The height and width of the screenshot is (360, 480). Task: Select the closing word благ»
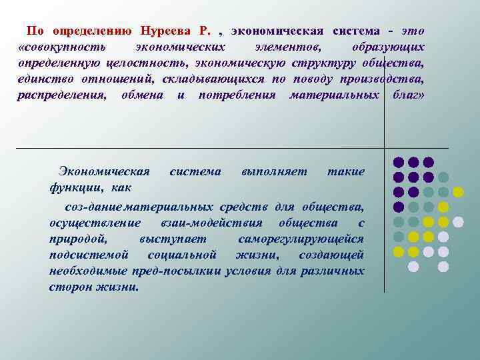coord(405,95)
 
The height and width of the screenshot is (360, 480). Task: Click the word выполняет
coord(275,172)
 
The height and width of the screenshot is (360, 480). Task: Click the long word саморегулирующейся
coord(301,239)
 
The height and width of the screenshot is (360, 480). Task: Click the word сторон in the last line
coord(69,287)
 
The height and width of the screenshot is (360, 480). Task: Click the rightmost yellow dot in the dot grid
coord(458,192)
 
